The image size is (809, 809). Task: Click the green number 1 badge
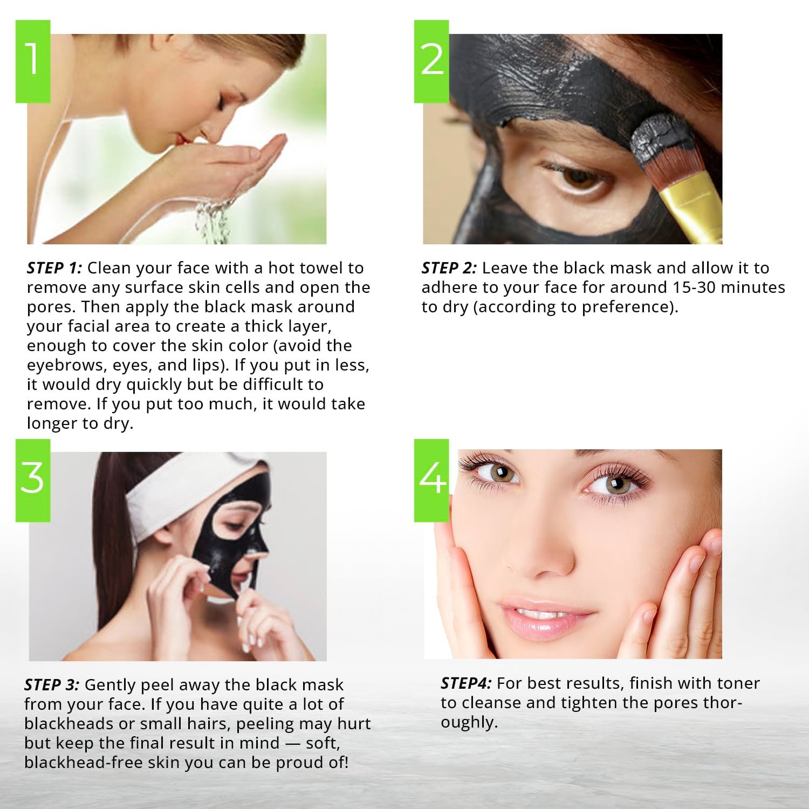point(33,61)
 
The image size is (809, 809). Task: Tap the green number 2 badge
point(431,61)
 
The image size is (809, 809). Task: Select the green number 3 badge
point(33,480)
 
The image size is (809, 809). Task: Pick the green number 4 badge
point(431,480)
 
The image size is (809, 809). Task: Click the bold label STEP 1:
point(54,268)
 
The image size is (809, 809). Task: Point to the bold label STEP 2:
point(449,268)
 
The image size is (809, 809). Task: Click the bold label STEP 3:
point(52,685)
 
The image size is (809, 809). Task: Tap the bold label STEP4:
point(466,683)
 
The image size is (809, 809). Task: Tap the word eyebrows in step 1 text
point(65,366)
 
